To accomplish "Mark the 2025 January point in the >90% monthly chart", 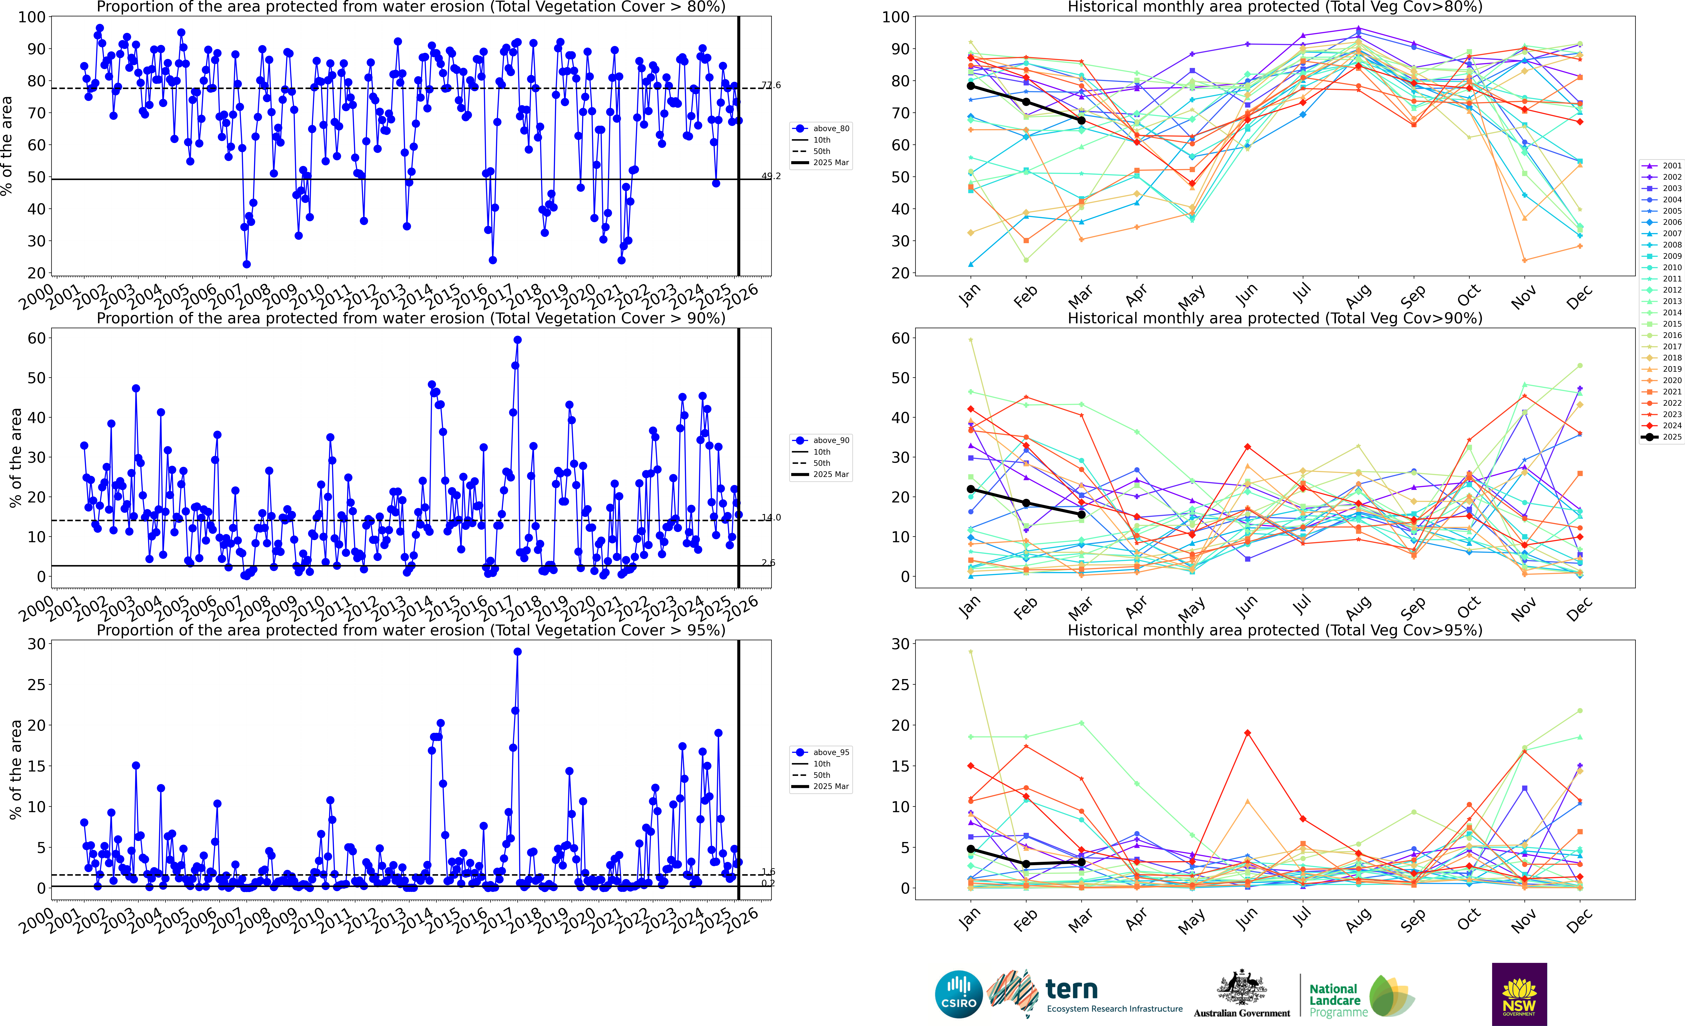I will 970,489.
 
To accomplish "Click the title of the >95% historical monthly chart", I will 1275,630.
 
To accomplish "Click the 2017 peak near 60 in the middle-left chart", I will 518,340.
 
